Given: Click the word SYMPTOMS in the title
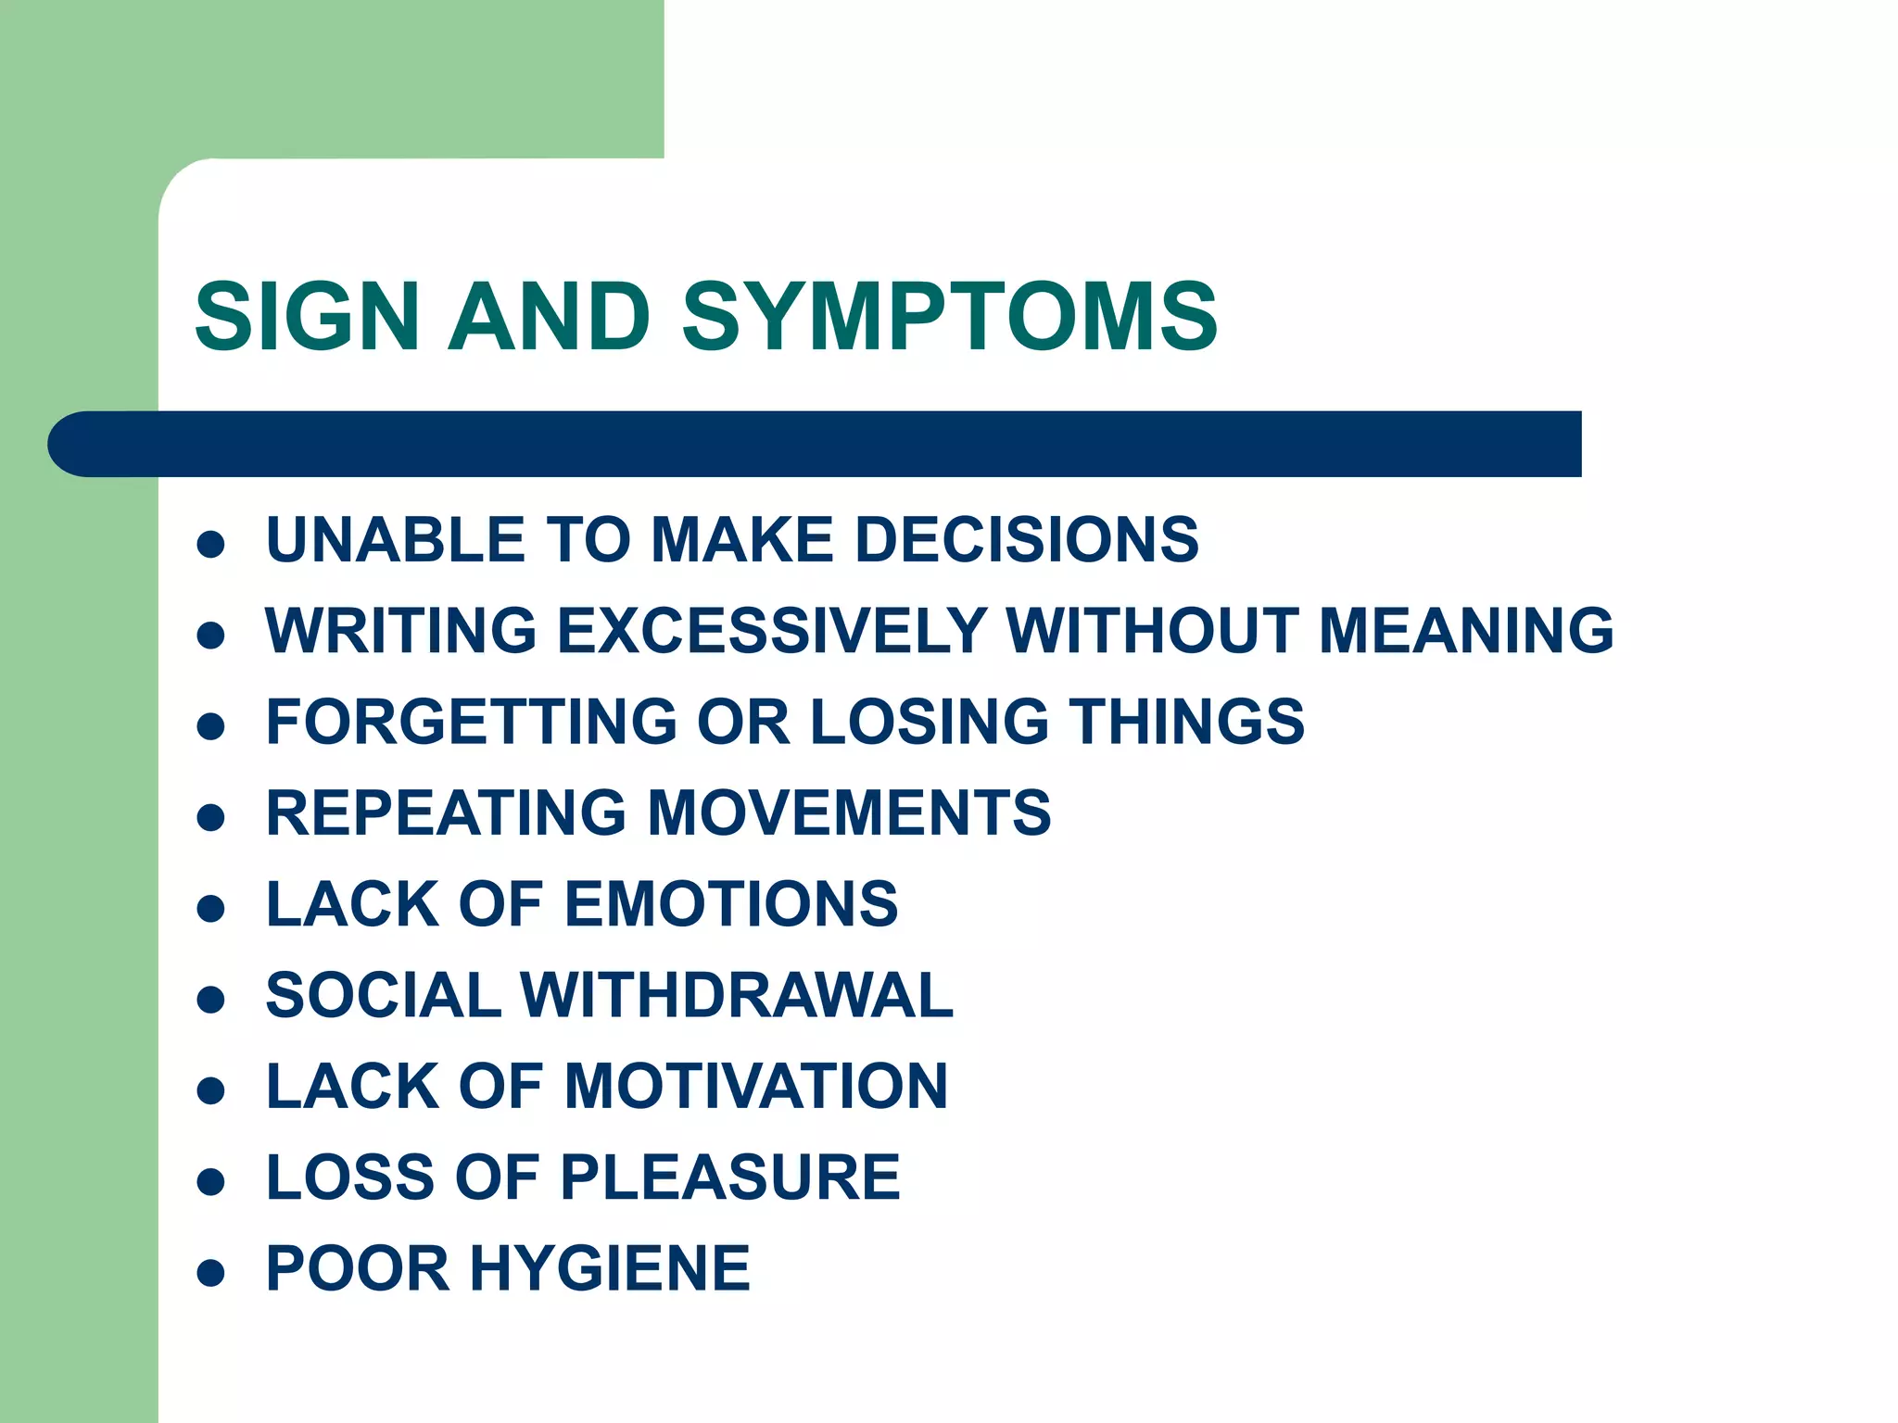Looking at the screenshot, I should pyautogui.click(x=949, y=317).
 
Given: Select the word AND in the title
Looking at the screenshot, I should pyautogui.click(x=549, y=317).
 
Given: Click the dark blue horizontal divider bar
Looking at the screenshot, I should pyautogui.click(x=816, y=444).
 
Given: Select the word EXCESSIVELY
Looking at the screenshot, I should pyautogui.click(x=773, y=631).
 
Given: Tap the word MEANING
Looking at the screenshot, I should pyautogui.click(x=1466, y=631).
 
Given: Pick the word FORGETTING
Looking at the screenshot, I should pyautogui.click(x=472, y=722).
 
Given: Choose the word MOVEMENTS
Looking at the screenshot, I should pyautogui.click(x=849, y=813).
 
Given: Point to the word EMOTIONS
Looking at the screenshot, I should pyautogui.click(x=731, y=904).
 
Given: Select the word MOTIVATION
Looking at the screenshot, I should pyautogui.click(x=756, y=1087).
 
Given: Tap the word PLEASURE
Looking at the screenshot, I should pyautogui.click(x=730, y=1177).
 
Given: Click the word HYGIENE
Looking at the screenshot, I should pyautogui.click(x=610, y=1268).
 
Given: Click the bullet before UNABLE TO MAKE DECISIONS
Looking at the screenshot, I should pyautogui.click(x=211, y=544).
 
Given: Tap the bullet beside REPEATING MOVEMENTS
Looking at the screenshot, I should pyautogui.click(x=211, y=817).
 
